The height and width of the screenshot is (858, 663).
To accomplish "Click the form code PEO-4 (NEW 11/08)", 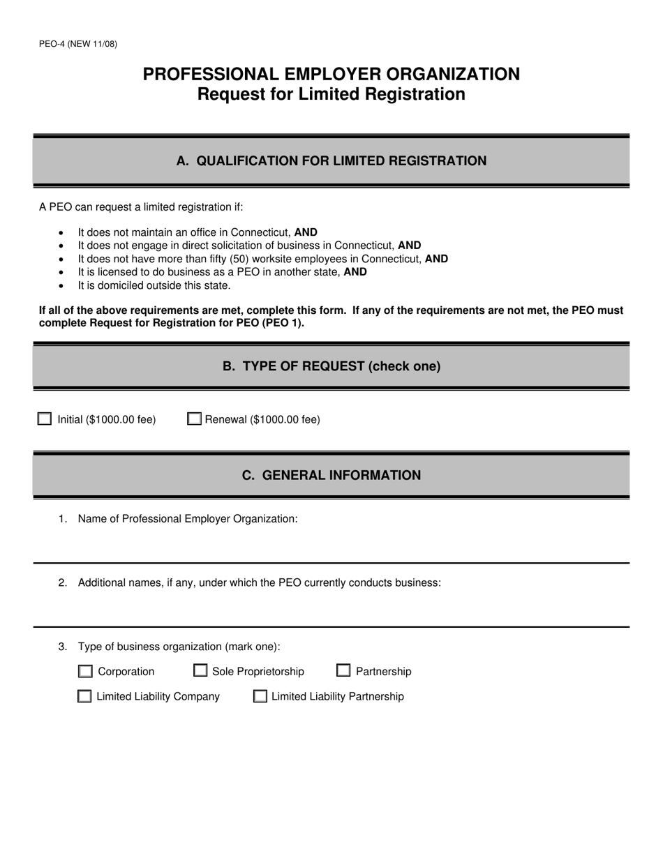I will pos(78,44).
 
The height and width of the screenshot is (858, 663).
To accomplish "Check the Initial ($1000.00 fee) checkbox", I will pos(45,419).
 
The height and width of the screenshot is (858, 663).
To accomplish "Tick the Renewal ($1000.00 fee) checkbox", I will pos(195,419).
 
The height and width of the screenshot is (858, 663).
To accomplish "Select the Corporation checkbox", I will pos(85,672).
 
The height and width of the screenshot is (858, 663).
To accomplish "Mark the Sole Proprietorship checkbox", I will pos(200,671).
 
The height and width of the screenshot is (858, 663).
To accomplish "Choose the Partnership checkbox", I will pos(343,671).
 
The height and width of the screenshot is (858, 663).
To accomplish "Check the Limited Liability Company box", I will pos(84,696).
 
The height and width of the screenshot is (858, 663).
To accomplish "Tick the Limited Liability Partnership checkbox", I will pos(260,696).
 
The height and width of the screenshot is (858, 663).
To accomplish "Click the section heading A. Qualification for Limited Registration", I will pos(331,161).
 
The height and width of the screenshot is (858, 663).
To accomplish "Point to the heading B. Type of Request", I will pos(331,366).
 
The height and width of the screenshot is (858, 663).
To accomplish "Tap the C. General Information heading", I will pos(331,475).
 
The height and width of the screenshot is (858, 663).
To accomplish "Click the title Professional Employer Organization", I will pos(331,74).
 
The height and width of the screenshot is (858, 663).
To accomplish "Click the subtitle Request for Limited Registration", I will pos(331,94).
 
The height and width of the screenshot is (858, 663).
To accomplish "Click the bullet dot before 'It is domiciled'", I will pos(61,286).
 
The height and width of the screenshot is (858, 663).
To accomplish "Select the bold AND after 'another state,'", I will pos(355,272).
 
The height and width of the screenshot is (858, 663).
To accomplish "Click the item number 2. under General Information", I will pos(63,582).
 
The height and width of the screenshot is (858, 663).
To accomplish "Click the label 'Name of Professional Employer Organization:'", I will pos(188,518).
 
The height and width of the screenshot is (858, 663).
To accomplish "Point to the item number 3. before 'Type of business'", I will pos(63,647).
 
